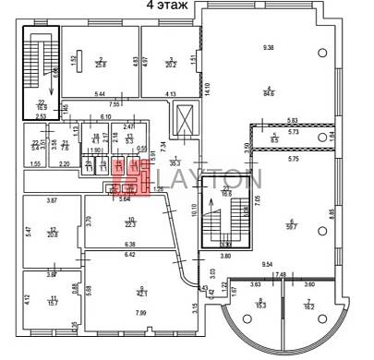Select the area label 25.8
pyautogui.click(x=101, y=65)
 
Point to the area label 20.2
pyautogui.click(x=170, y=65)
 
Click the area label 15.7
pyautogui.click(x=54, y=302)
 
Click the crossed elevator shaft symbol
pyautogui.click(x=185, y=119)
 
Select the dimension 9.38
pyautogui.click(x=269, y=47)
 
